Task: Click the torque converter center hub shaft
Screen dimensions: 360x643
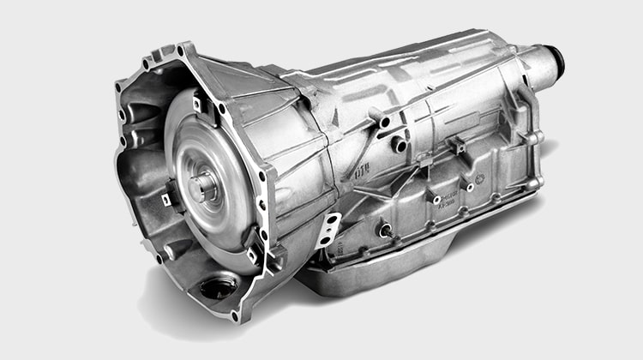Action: click(206, 183)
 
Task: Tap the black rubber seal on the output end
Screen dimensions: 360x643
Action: click(559, 60)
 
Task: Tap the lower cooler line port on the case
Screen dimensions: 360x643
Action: click(400, 144)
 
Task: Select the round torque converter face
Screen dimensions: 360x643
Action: click(210, 184)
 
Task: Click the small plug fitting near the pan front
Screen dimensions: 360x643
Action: click(386, 229)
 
